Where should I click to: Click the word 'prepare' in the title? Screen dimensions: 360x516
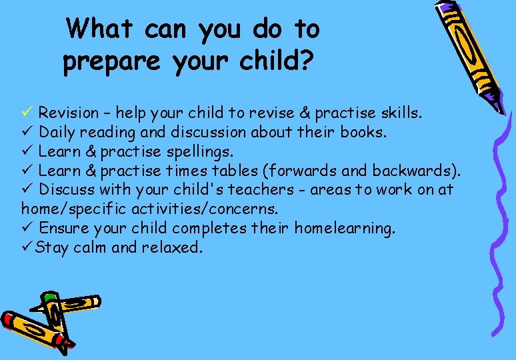pos(112,62)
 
